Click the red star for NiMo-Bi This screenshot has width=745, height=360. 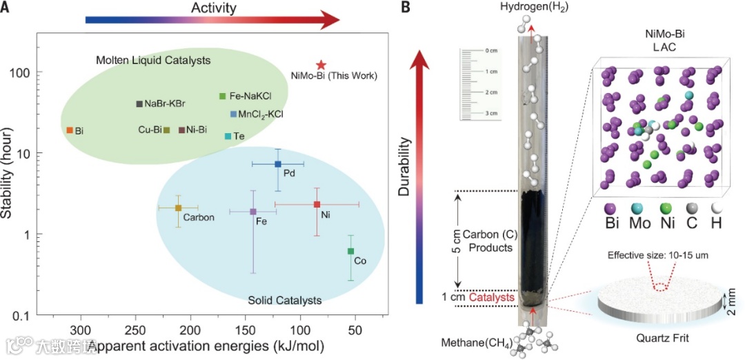point(321,64)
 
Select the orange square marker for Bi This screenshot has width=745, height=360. point(70,130)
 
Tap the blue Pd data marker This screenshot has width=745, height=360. point(278,164)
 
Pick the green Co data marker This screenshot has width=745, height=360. point(350,251)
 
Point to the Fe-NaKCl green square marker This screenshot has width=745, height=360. point(222,96)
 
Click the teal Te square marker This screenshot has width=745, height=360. point(228,136)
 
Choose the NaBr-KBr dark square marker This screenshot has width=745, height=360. point(139,104)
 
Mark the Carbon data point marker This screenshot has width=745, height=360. point(178,208)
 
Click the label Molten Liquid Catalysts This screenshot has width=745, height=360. point(153,61)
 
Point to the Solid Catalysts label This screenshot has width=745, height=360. point(284,300)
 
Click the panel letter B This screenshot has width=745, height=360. point(406,8)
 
